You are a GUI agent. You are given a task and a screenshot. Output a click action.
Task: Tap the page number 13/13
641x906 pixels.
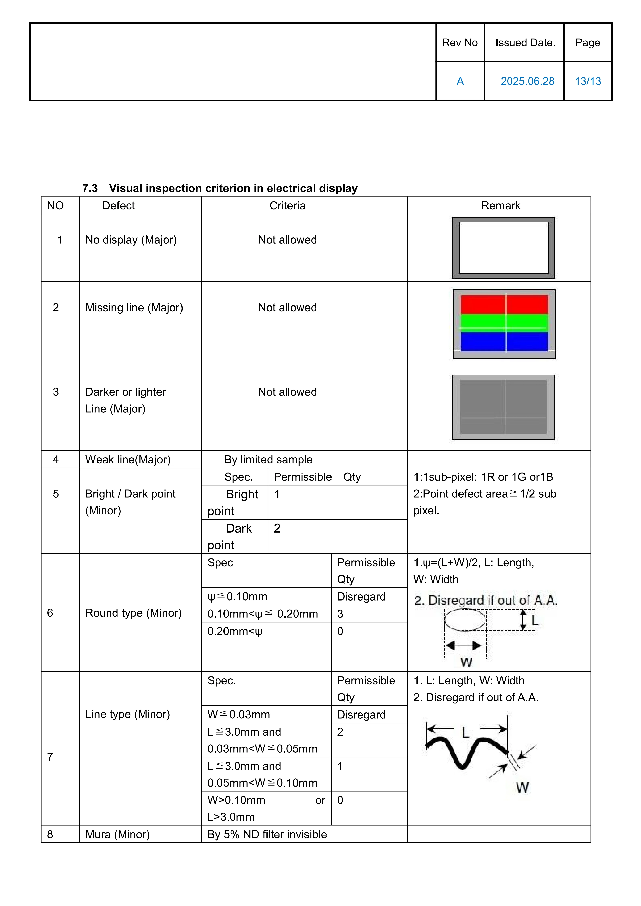(x=588, y=81)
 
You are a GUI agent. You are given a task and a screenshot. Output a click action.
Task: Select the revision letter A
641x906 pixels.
(x=460, y=81)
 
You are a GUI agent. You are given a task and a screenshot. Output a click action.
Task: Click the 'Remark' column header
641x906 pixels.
(x=500, y=206)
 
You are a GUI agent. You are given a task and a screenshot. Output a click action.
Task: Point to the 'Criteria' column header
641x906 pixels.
(x=287, y=206)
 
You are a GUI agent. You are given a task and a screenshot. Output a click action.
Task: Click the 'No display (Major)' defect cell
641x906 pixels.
(x=131, y=240)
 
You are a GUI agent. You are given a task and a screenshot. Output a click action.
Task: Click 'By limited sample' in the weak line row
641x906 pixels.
(x=268, y=460)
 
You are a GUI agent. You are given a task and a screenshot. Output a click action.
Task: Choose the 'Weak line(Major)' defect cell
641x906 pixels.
(x=128, y=460)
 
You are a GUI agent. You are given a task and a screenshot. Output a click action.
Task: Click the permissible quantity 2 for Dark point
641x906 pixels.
(x=277, y=528)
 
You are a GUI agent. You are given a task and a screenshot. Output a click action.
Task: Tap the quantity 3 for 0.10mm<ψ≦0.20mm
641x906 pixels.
(x=340, y=614)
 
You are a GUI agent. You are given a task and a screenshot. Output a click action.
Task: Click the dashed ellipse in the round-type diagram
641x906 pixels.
(x=465, y=620)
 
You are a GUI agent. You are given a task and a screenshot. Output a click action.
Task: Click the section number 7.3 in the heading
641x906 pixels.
(x=90, y=189)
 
